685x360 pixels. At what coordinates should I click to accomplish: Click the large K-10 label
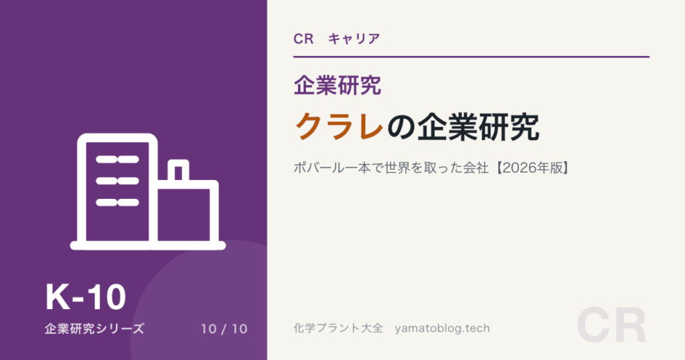coord(86,297)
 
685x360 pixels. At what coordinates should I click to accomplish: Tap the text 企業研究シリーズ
coord(94,329)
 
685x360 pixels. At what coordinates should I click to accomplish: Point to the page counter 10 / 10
coord(224,329)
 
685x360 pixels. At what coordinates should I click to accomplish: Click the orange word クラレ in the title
coord(340,127)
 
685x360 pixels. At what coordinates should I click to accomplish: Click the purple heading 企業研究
coord(337,85)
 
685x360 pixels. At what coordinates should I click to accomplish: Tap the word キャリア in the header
coord(354,39)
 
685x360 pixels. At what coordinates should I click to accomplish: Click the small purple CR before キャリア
coord(304,39)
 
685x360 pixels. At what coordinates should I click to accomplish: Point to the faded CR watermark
coord(611,326)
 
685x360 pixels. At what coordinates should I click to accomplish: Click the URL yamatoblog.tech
coord(442,329)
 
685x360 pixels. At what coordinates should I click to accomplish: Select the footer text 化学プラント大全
coord(338,328)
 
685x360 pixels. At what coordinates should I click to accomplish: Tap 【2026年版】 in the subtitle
coord(533,168)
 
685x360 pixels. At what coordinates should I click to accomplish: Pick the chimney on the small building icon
coord(179,171)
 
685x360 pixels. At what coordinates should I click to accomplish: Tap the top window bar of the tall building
coord(117,160)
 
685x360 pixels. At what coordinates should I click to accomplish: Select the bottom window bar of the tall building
coord(117,203)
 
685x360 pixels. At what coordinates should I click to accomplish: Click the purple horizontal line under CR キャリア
coord(471,57)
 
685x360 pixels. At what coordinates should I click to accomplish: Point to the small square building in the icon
coord(187,213)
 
